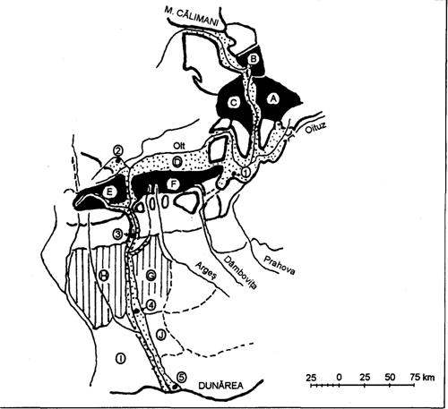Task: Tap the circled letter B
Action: (x=253, y=59)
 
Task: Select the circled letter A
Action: (x=273, y=98)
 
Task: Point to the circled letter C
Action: (x=234, y=103)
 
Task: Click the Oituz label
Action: (x=314, y=128)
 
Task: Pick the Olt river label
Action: (x=179, y=146)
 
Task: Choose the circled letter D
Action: (x=177, y=162)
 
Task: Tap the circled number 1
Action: (x=246, y=172)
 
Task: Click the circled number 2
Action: (x=118, y=151)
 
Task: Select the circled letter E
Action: (x=108, y=192)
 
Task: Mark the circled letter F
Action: (x=173, y=185)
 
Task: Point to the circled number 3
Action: (x=118, y=234)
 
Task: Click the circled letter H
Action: (x=104, y=275)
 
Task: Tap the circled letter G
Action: (x=151, y=276)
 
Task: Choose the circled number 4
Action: (x=151, y=304)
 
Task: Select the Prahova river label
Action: (x=280, y=264)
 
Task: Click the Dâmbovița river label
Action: (x=240, y=272)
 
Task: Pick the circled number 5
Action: (x=182, y=377)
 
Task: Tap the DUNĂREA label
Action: (x=221, y=386)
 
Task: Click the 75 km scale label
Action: (x=422, y=377)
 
